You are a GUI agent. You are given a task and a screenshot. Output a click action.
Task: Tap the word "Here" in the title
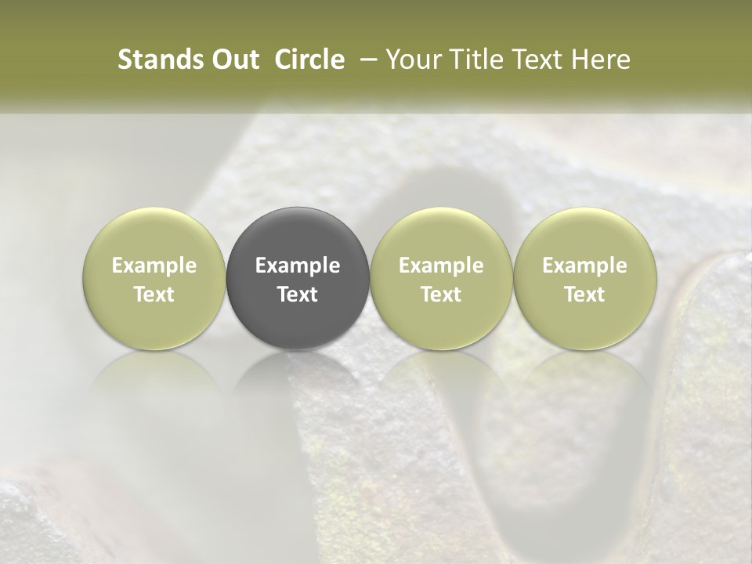coord(602,60)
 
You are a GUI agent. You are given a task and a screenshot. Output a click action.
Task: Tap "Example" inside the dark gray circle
coord(298,266)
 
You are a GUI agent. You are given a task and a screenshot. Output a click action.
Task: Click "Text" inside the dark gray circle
coord(298,295)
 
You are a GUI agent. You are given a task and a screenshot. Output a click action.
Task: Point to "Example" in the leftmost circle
coord(154,266)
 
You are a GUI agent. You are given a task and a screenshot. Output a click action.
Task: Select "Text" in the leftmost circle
coord(154,295)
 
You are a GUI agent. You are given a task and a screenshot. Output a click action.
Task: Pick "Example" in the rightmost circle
coord(585,266)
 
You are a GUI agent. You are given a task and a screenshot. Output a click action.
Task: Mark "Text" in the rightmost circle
coord(585,295)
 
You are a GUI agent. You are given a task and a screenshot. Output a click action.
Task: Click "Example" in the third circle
coord(441,266)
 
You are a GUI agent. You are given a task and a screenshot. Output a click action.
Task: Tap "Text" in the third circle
coord(441,295)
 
